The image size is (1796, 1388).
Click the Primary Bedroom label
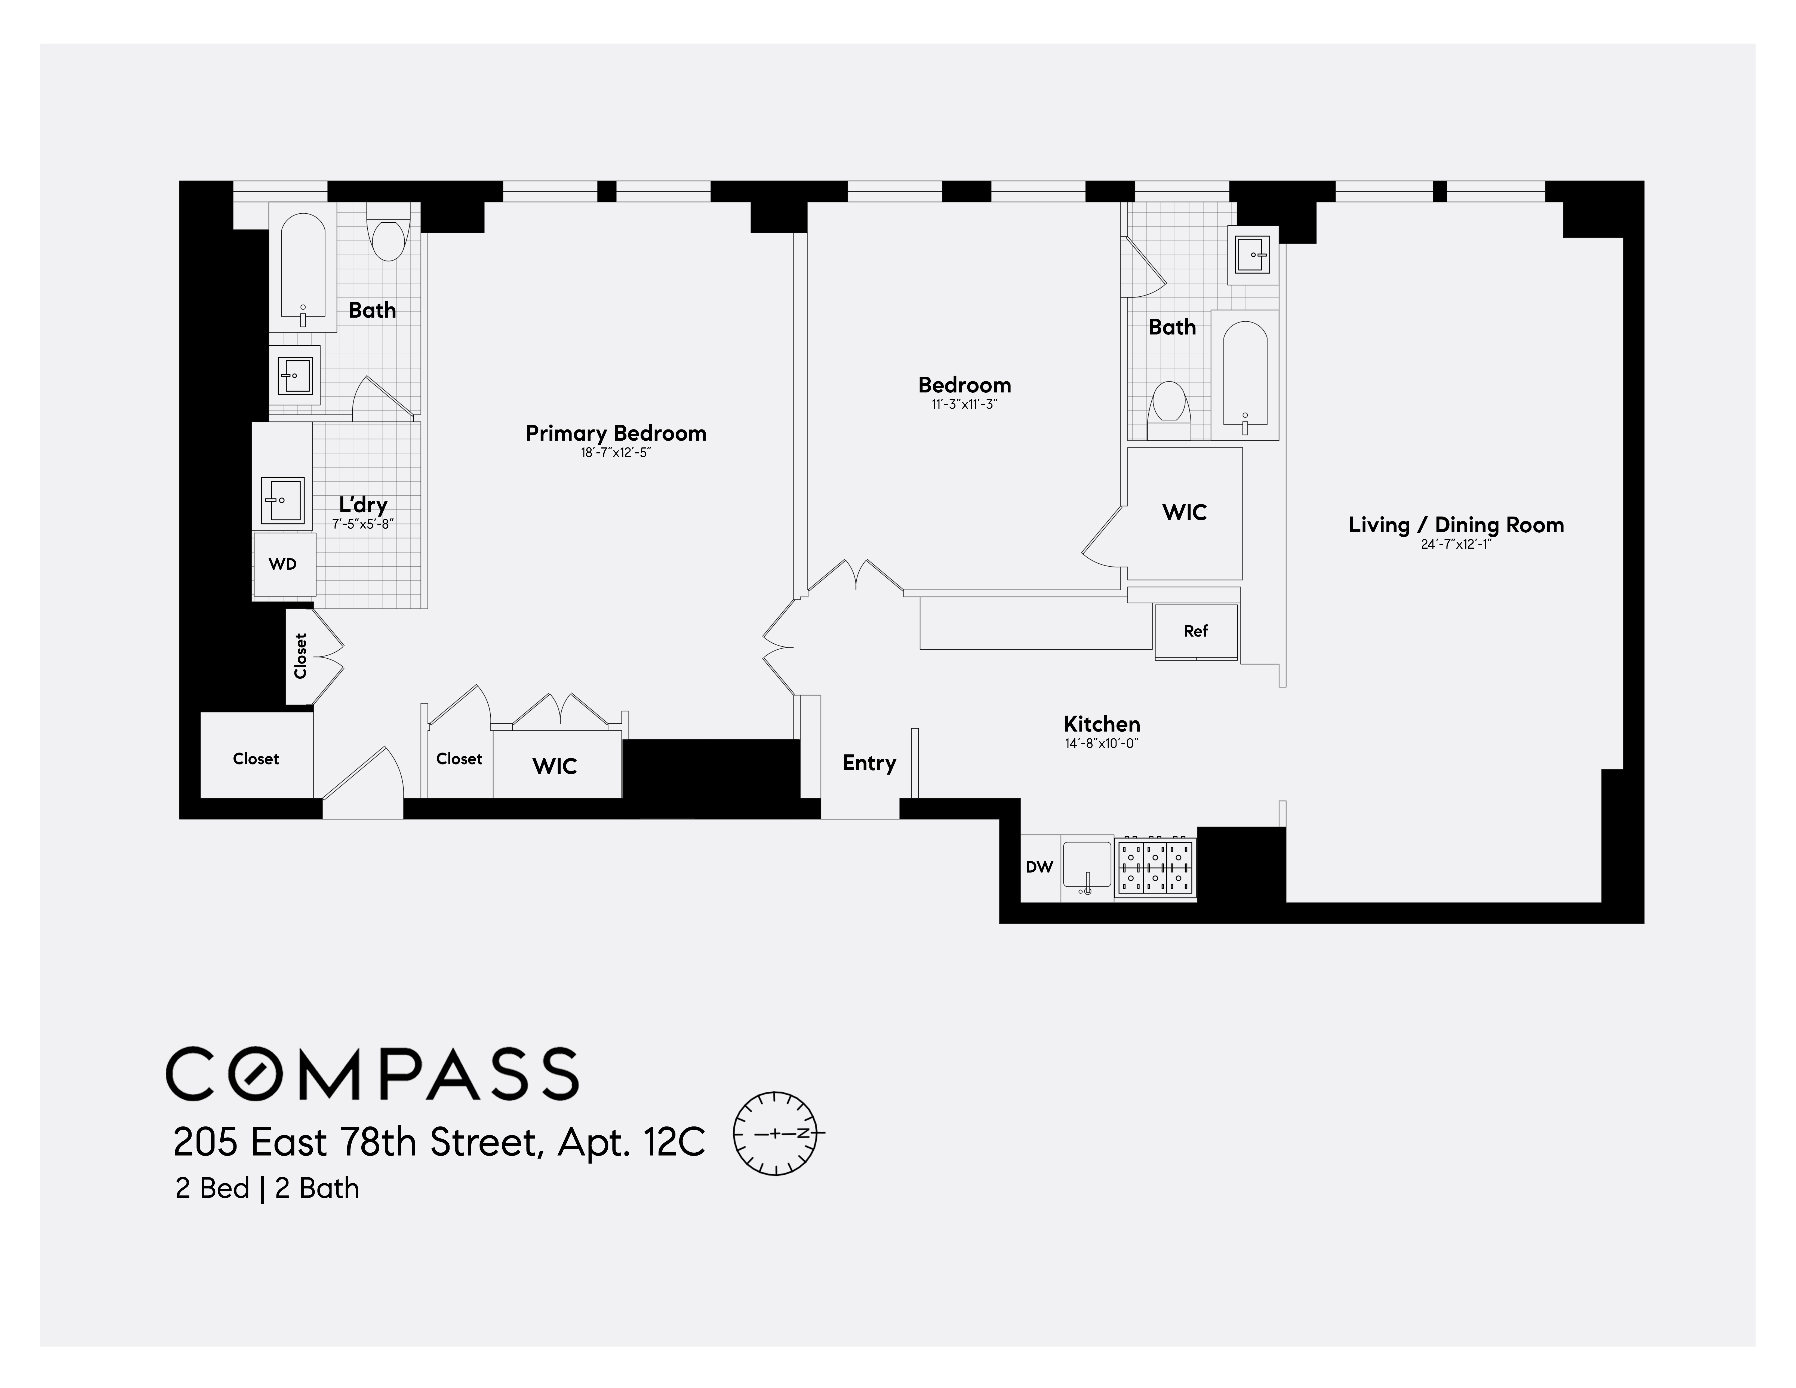click(x=615, y=433)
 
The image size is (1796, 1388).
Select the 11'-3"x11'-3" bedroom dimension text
click(x=964, y=404)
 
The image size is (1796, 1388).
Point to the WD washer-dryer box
click(x=283, y=564)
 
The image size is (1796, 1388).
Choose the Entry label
click(x=868, y=763)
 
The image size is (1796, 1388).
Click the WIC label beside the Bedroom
click(x=1184, y=512)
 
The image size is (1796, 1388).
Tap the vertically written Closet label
click(x=301, y=655)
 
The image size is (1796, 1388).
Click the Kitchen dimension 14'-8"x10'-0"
click(x=1101, y=743)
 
